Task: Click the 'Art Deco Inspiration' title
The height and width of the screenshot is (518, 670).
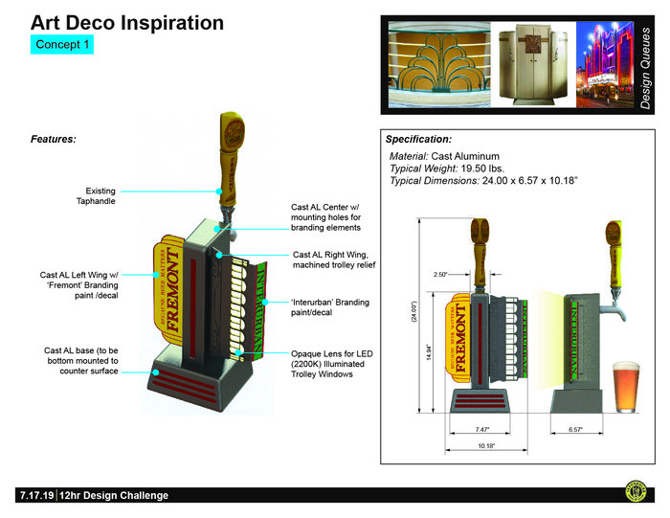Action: click(126, 23)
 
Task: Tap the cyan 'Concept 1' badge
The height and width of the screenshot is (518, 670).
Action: click(62, 45)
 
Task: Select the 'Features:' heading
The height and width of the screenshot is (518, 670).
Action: click(54, 139)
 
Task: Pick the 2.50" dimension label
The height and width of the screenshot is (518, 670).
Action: click(442, 275)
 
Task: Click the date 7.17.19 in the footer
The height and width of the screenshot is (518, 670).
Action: click(35, 495)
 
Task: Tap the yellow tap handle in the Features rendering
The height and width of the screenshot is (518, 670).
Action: click(229, 144)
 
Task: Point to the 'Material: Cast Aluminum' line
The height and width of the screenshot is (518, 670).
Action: click(444, 155)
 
